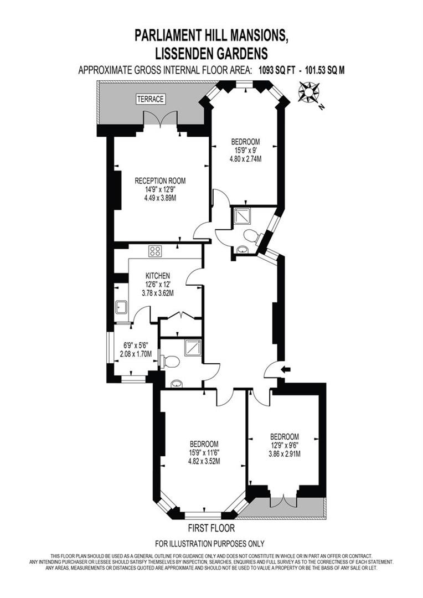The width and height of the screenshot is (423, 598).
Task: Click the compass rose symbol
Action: pyautogui.click(x=309, y=92)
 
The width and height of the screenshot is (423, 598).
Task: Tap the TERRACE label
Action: pyautogui.click(x=151, y=99)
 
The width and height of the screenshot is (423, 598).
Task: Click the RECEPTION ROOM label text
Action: pyautogui.click(x=160, y=181)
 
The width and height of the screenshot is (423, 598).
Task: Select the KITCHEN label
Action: pyautogui.click(x=158, y=275)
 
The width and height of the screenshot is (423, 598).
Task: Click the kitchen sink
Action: pyautogui.click(x=121, y=307)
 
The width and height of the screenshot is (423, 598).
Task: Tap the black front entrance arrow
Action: pyautogui.click(x=286, y=369)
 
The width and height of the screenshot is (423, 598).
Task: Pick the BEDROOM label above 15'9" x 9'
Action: pyautogui.click(x=246, y=142)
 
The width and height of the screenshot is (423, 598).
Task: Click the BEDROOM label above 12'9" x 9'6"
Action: pyautogui.click(x=285, y=436)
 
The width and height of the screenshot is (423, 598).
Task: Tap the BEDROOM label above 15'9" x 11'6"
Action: pyautogui.click(x=204, y=444)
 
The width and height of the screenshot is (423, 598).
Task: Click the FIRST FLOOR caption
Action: pyautogui.click(x=211, y=528)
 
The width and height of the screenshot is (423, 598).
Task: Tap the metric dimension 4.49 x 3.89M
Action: pyautogui.click(x=160, y=197)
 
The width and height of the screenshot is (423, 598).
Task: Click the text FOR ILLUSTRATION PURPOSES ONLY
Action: pyautogui.click(x=210, y=543)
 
